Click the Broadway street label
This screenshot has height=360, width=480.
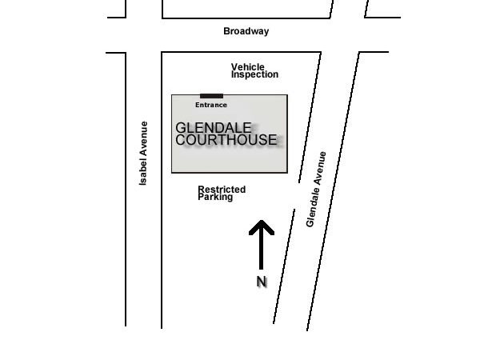(x=246, y=31)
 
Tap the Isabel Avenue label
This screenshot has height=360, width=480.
(x=144, y=154)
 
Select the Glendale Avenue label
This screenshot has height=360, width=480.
(x=317, y=189)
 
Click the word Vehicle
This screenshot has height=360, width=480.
(x=248, y=67)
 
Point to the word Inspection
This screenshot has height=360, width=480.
(x=255, y=74)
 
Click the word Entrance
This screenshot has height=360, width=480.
(x=211, y=105)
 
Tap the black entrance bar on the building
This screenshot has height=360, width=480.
(x=211, y=96)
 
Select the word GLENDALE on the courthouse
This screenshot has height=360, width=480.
(x=214, y=127)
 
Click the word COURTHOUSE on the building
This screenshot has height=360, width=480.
(x=226, y=140)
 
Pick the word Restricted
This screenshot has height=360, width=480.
(x=222, y=190)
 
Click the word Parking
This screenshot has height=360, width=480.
(x=215, y=197)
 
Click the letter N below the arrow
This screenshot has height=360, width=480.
(x=261, y=282)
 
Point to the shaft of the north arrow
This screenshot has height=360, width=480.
(x=261, y=252)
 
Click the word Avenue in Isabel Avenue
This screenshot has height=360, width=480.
(x=144, y=138)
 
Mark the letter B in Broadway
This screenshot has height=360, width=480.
(x=226, y=31)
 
